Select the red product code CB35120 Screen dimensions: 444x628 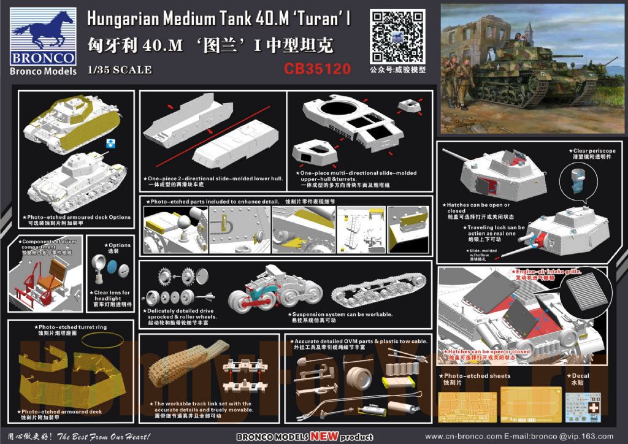coord(317,69)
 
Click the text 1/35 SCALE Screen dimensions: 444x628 coord(120,70)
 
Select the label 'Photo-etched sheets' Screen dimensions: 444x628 coord(477,376)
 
